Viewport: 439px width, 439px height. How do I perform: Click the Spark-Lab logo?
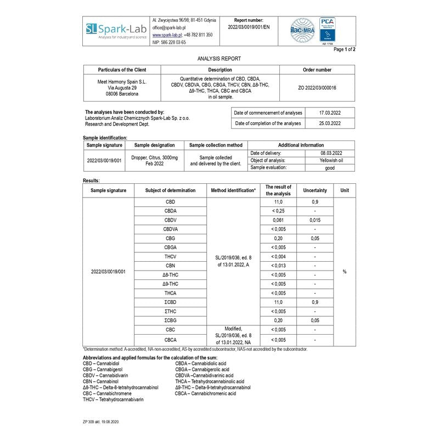[x=115, y=30]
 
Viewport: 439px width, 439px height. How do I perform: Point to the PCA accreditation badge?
[x=328, y=30]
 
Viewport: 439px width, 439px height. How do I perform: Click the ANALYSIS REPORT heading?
[x=219, y=58]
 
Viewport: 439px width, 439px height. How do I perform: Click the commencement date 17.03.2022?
[x=330, y=112]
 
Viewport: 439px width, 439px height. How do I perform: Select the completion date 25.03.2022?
[x=330, y=123]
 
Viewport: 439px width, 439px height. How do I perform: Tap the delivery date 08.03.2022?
[x=331, y=153]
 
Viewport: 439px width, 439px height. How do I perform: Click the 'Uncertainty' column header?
[x=315, y=190]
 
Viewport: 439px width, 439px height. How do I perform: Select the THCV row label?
[x=170, y=256]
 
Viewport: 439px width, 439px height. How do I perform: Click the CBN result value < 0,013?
[x=278, y=266]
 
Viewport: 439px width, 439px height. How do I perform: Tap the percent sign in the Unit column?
[x=345, y=272]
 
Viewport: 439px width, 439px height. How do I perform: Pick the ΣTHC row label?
[x=170, y=311]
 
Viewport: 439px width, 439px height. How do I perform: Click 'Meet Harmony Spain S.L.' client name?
[x=122, y=81]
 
